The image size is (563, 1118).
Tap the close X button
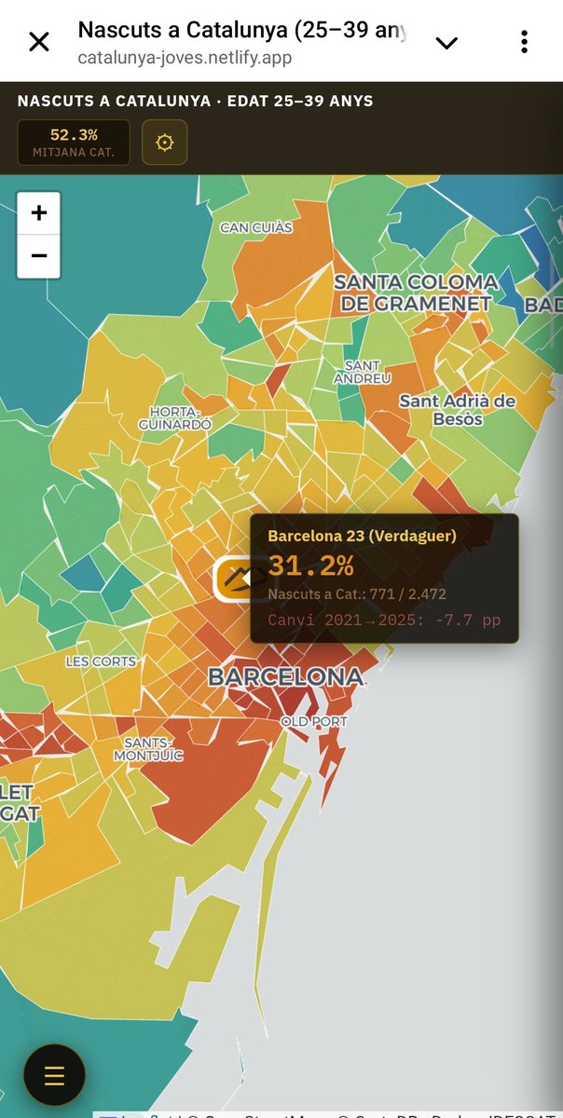(39, 42)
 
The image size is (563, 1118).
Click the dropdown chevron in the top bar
(447, 43)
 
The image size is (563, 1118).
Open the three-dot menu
(525, 42)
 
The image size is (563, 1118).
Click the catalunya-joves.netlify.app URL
(185, 58)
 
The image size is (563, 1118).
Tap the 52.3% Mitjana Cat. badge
(74, 143)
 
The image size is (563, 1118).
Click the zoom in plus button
(39, 213)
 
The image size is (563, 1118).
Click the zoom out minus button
(39, 255)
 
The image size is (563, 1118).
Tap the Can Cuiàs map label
(256, 227)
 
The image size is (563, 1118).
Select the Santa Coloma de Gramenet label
(416, 292)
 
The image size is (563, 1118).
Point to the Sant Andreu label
(363, 372)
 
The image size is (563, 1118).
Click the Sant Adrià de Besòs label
(458, 409)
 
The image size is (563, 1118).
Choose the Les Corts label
(101, 661)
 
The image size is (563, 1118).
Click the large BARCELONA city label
(285, 677)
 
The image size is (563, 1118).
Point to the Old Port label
(314, 722)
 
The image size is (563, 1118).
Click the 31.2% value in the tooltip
(310, 565)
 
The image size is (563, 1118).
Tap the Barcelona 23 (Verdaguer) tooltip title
(362, 536)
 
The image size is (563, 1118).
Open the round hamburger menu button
(54, 1074)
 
